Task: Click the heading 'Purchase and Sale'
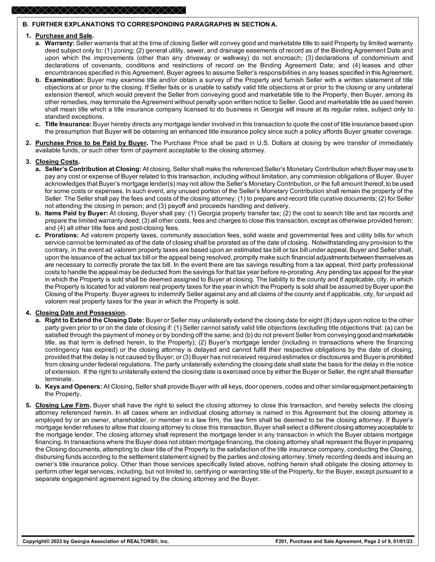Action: point(64,36)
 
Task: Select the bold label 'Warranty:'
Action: point(59,43)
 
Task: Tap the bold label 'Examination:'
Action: point(65,80)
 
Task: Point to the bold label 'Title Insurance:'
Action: point(68,124)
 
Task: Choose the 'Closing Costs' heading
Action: point(57,162)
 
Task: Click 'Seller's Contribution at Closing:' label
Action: point(93,169)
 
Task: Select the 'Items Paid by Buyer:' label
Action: point(76,213)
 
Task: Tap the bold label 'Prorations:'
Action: point(62,236)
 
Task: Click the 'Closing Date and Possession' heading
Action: point(80,313)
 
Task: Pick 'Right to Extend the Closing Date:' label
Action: point(95,320)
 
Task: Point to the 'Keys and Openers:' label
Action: point(73,386)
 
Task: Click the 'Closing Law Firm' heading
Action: point(62,406)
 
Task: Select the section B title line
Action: point(150,25)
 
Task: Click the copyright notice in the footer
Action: point(96,541)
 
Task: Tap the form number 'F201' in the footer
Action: point(280,541)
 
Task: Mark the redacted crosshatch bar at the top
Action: point(99,10)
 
